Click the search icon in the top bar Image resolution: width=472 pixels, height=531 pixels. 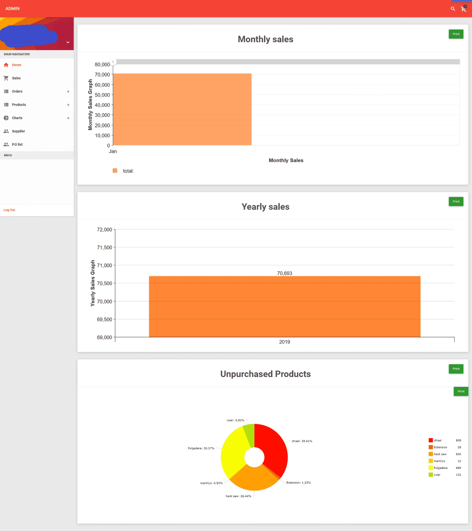coord(453,9)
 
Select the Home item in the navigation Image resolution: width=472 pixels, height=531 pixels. coord(16,65)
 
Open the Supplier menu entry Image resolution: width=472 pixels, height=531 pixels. coord(18,131)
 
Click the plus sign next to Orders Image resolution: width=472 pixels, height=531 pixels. coord(68,92)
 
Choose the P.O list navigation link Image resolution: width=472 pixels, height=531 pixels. coord(17,144)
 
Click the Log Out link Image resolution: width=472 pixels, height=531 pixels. coord(10,210)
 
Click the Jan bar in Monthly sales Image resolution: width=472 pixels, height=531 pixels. coord(182,109)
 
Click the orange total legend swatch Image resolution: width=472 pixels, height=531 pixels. coord(115,171)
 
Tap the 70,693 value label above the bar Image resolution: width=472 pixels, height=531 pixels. coord(285,273)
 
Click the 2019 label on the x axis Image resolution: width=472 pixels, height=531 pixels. coord(285,342)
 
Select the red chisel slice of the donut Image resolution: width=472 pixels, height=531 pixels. coord(273,448)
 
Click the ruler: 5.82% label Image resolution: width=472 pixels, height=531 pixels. coord(235,420)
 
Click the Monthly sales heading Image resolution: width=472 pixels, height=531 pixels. coord(266,39)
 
